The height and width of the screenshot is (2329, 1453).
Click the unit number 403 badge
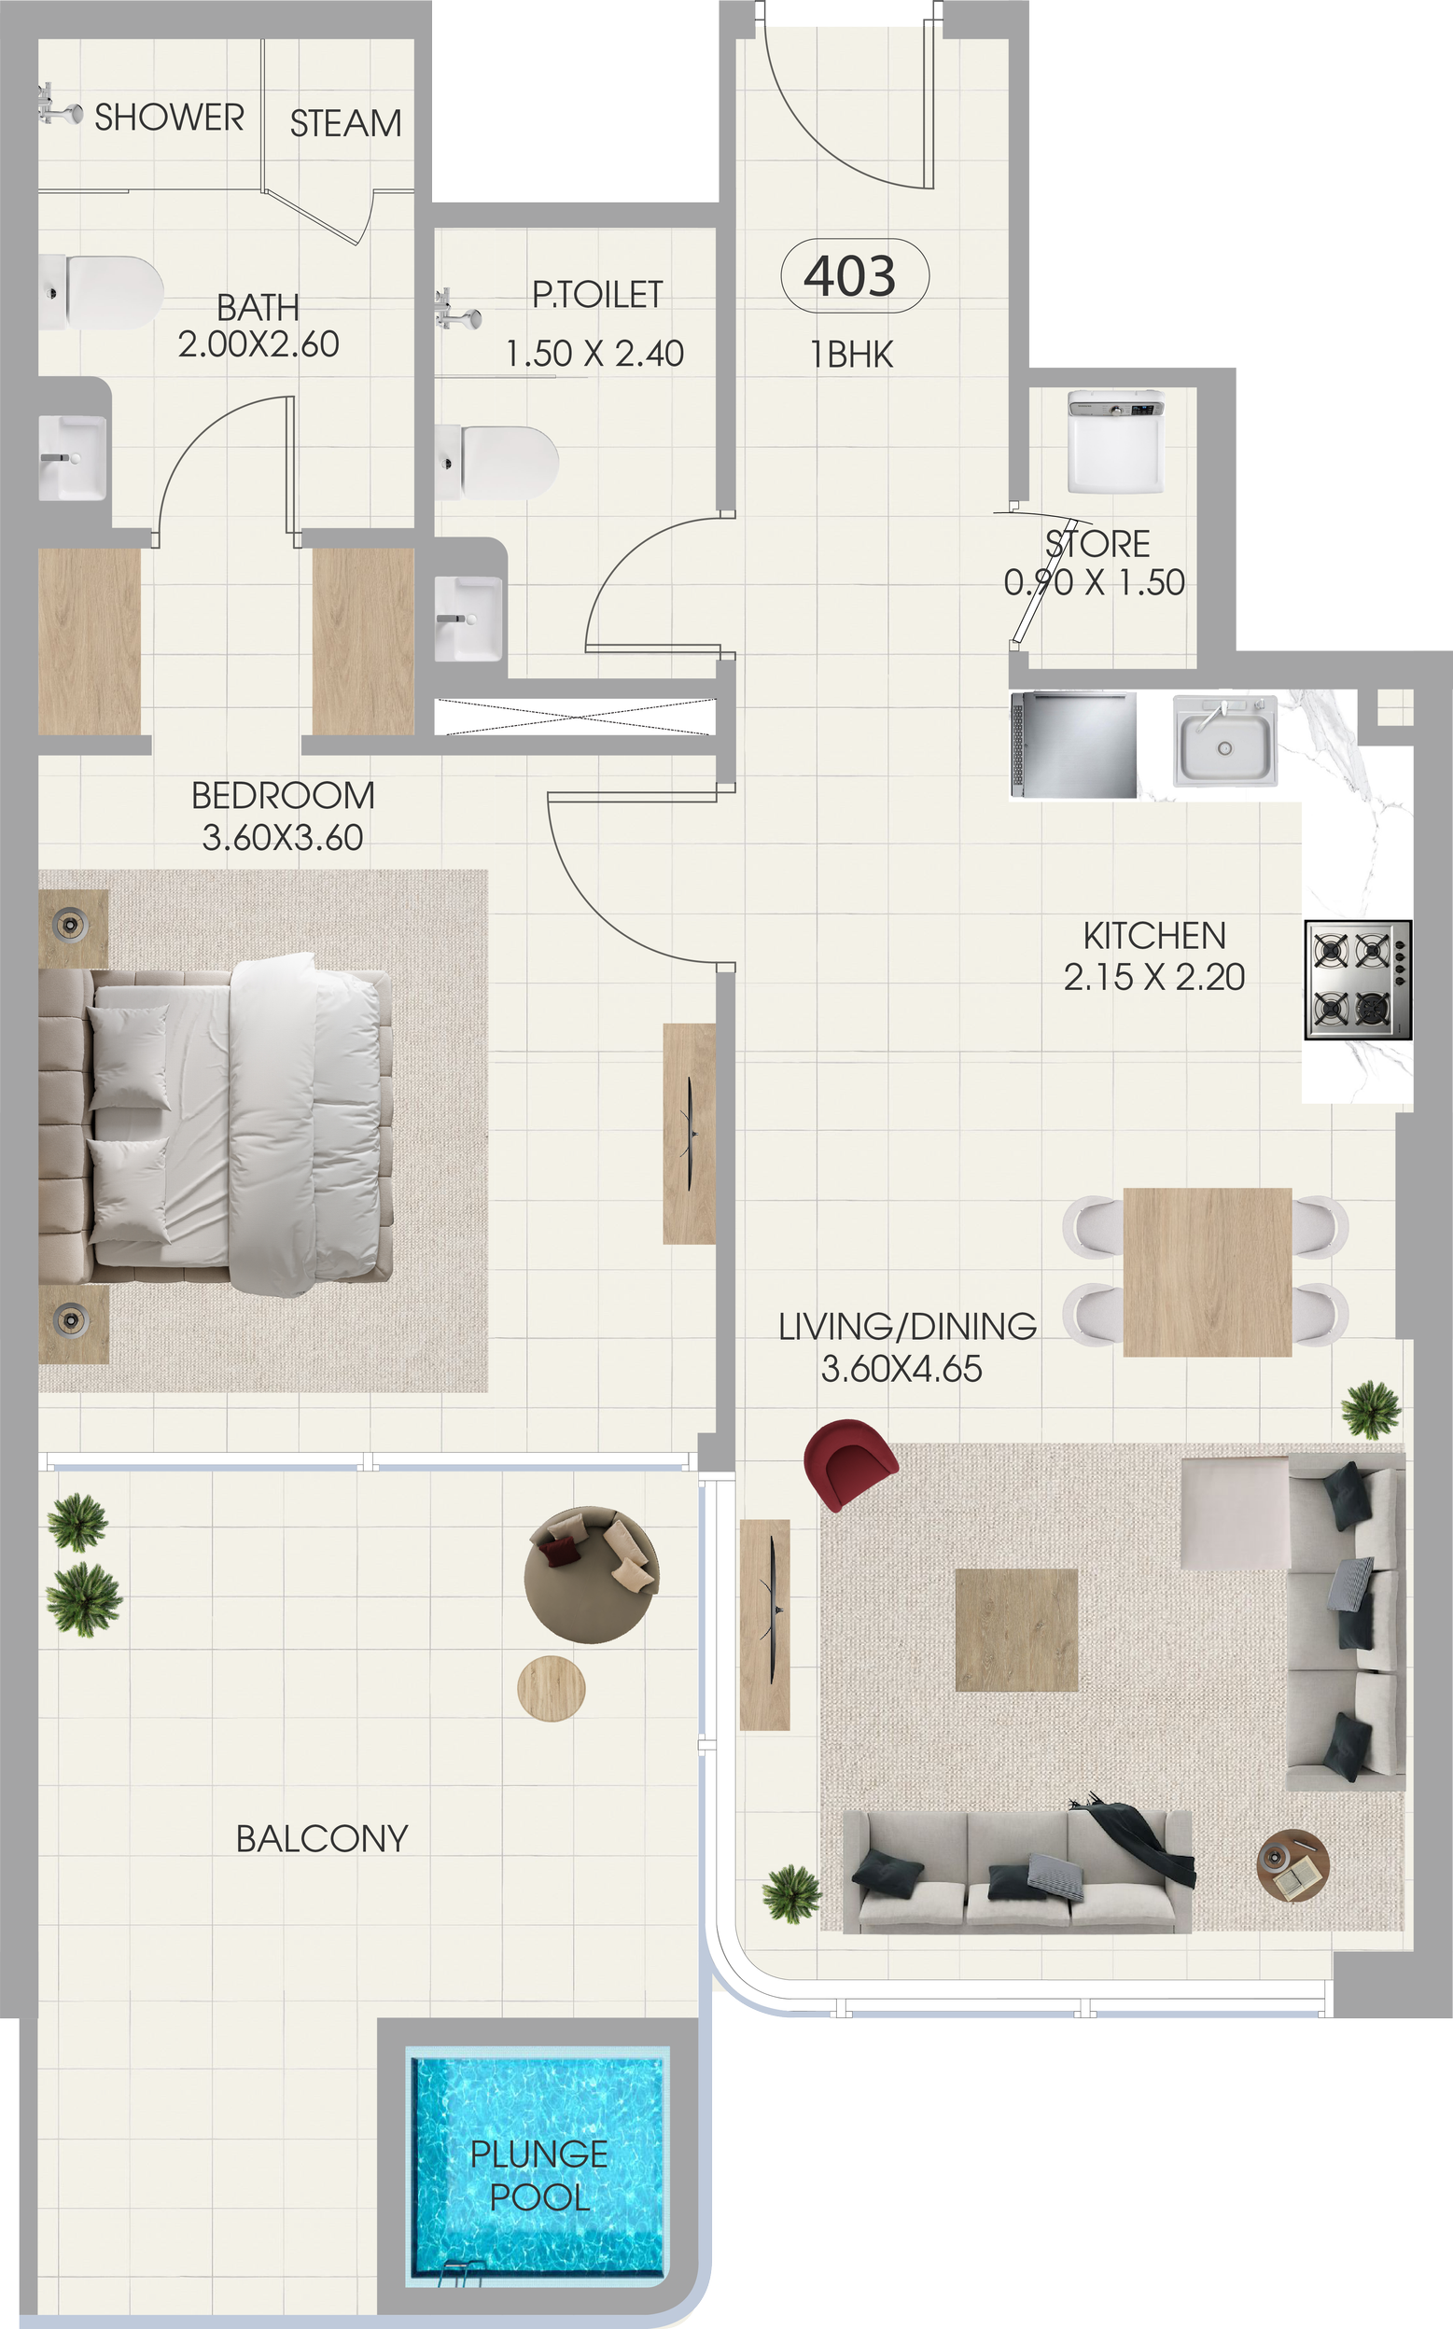tap(854, 276)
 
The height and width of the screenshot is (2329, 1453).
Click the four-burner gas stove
tap(1358, 980)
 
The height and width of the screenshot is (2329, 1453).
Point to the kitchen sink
tap(1225, 741)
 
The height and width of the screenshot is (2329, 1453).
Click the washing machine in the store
tap(1115, 441)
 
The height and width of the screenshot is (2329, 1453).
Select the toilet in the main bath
tap(101, 292)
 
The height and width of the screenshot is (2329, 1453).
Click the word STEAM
tap(346, 123)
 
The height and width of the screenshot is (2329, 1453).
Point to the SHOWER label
tap(169, 118)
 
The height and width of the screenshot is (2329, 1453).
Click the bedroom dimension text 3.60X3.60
tap(283, 838)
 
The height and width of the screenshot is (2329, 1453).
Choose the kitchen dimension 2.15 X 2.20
tap(1154, 977)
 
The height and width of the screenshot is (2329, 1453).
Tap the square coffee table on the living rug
tap(1016, 1630)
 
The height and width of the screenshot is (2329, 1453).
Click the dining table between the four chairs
tap(1207, 1272)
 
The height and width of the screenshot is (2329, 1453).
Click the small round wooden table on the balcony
tap(552, 1688)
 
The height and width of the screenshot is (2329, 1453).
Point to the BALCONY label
tap(322, 1839)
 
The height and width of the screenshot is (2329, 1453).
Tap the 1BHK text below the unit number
tap(851, 355)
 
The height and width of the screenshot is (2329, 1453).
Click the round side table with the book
tap(1293, 1865)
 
